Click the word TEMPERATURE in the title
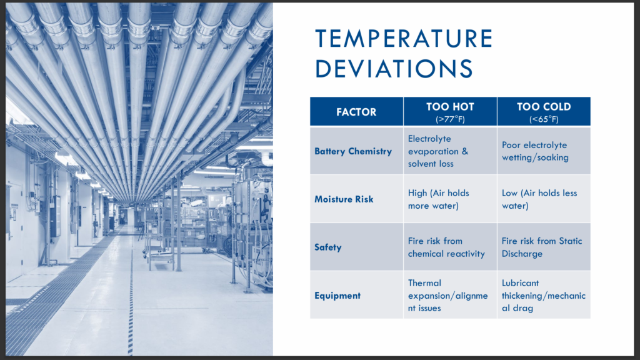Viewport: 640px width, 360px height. [x=404, y=39]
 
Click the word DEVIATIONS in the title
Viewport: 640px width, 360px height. [x=394, y=69]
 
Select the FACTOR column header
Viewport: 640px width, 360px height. [x=356, y=112]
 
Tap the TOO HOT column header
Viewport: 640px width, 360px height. [x=450, y=107]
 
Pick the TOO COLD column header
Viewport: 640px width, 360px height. [x=544, y=107]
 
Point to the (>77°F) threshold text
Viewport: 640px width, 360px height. [x=450, y=119]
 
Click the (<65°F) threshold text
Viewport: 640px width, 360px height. [x=544, y=119]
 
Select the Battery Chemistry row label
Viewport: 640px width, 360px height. [x=353, y=151]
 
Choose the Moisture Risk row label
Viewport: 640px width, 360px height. [x=344, y=199]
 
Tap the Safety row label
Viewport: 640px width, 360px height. [x=327, y=247]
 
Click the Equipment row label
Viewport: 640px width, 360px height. [x=337, y=296]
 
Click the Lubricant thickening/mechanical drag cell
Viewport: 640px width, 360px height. [x=543, y=296]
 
